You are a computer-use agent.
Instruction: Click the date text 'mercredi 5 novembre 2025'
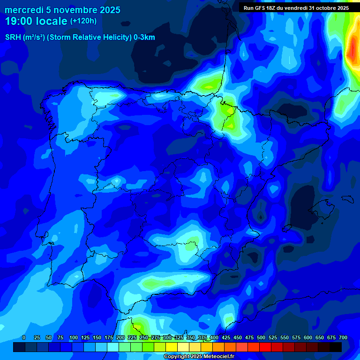[x=62, y=10]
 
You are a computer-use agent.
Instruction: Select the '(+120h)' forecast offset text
[x=83, y=21]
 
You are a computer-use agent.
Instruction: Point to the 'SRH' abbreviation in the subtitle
[x=14, y=37]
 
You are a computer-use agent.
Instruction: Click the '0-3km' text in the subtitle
[x=144, y=37]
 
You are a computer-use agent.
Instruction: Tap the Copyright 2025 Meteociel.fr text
[x=199, y=356]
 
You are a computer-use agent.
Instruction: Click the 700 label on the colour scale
[x=343, y=337]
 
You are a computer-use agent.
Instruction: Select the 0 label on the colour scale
[x=24, y=337]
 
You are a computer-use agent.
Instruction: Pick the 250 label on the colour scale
[x=143, y=337]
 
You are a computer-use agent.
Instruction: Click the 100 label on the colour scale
[x=74, y=337]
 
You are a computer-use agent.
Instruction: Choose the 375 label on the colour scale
[x=202, y=337]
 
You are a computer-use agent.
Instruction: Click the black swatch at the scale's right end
[x=336, y=347]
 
